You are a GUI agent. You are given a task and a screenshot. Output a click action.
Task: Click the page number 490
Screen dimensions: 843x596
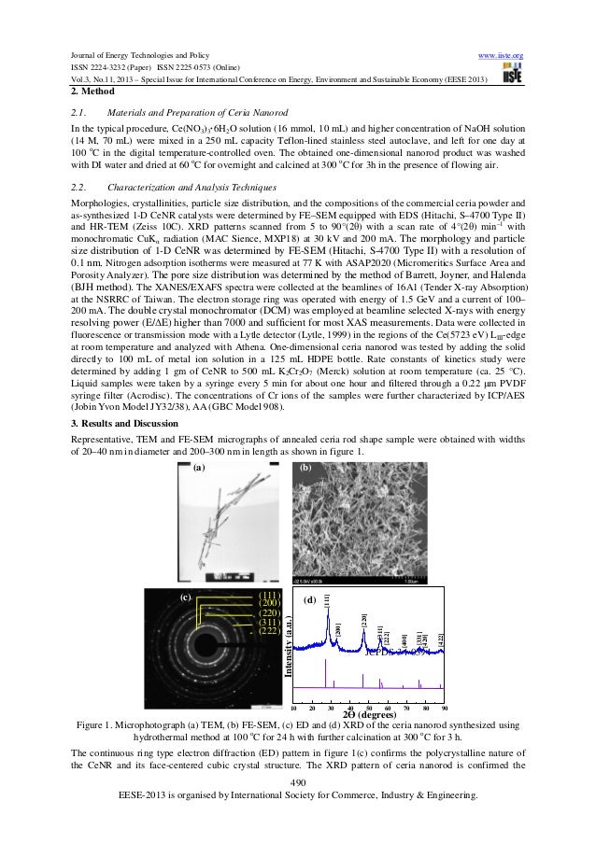coord(298,781)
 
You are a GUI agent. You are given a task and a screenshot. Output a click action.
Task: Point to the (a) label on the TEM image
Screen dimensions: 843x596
coord(197,471)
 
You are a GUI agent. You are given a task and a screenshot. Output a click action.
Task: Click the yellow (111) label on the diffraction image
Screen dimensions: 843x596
coord(271,595)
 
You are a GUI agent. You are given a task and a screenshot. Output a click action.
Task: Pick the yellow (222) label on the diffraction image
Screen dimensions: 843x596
coord(271,631)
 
